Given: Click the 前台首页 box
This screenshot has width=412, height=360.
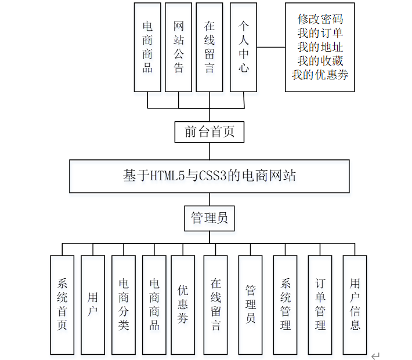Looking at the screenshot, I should point(209,132).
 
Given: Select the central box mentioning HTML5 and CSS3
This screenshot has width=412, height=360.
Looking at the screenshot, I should point(209,176).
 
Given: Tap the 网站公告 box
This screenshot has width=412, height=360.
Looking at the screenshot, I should point(179,48).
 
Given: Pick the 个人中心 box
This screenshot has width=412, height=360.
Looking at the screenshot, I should point(244,48).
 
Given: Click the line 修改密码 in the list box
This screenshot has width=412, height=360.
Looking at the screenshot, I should point(320,19).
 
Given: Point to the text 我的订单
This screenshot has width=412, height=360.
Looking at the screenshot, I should point(320,33).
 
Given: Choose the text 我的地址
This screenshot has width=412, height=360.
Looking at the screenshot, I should point(320,47).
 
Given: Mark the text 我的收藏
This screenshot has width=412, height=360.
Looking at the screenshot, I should point(320,61).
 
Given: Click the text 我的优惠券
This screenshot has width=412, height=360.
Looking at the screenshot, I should point(320,75).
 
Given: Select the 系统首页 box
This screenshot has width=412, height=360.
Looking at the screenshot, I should point(62,304).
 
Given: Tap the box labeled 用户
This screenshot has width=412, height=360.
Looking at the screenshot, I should point(93,304).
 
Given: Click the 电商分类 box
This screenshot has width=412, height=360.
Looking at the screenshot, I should point(124,304).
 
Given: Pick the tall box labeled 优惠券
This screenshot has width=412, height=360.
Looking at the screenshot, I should point(183,304).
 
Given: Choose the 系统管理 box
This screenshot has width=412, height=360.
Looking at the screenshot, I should point(285,304).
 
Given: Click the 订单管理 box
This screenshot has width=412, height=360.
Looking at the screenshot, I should point(320,304).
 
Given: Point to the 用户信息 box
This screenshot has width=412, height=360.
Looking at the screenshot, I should point(355,304).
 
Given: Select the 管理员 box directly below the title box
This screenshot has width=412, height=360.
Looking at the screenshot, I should point(209,218).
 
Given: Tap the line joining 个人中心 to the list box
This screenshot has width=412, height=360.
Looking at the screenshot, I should point(271,48).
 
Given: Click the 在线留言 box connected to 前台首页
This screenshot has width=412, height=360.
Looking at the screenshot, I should point(209,48).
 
